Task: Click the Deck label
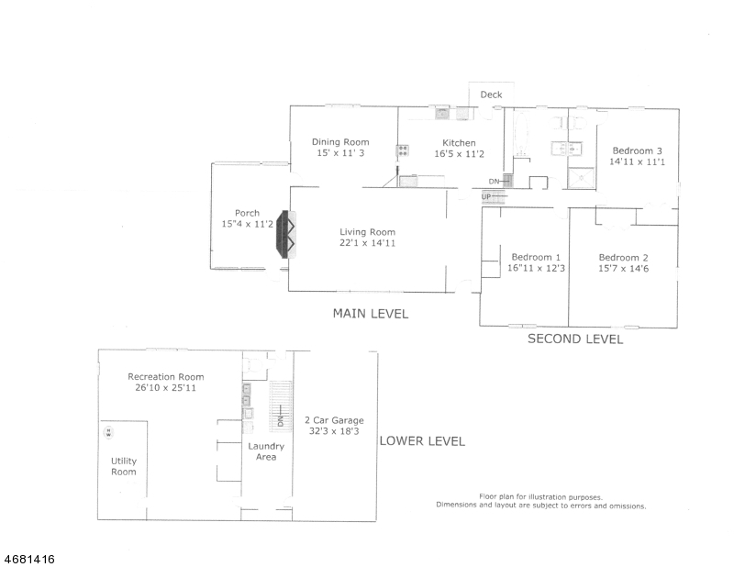pyautogui.click(x=491, y=94)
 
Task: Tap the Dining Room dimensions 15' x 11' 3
pyautogui.click(x=340, y=153)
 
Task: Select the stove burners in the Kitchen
pyautogui.click(x=403, y=150)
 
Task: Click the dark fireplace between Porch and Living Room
pyautogui.click(x=283, y=234)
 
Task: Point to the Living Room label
pyautogui.click(x=368, y=232)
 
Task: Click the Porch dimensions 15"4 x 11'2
pyautogui.click(x=247, y=224)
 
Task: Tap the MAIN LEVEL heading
pyautogui.click(x=371, y=313)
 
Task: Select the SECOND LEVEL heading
pyautogui.click(x=575, y=339)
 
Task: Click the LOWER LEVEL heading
pyautogui.click(x=422, y=441)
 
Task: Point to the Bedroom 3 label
pyautogui.click(x=637, y=150)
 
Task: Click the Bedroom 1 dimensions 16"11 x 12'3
pyautogui.click(x=536, y=268)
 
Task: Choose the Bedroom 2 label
pyautogui.click(x=624, y=258)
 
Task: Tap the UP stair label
pyautogui.click(x=486, y=196)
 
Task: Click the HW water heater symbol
pyautogui.click(x=108, y=432)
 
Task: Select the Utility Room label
pyautogui.click(x=124, y=466)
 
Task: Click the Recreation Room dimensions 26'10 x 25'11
pyautogui.click(x=165, y=388)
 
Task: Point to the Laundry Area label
pyautogui.click(x=266, y=451)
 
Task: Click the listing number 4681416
pyautogui.click(x=29, y=559)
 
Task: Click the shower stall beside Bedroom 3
pyautogui.click(x=581, y=178)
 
